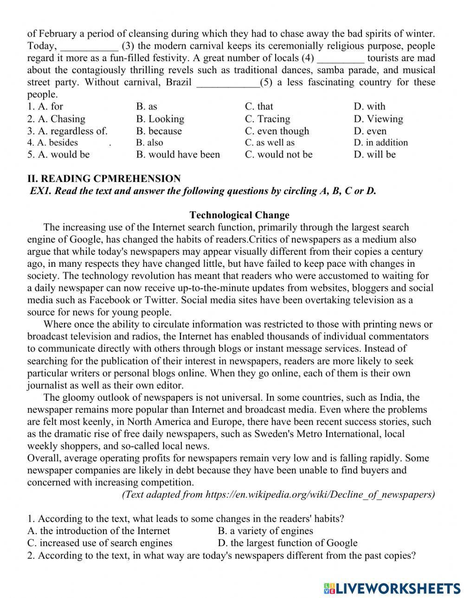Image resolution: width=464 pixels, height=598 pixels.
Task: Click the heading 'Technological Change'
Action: (239, 215)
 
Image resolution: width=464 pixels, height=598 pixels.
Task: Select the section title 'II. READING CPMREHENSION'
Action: (104, 179)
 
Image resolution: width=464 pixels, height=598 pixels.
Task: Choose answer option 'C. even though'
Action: (277, 131)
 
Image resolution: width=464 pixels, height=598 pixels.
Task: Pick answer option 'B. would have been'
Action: (178, 154)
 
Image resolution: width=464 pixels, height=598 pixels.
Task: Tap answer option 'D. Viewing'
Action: (378, 119)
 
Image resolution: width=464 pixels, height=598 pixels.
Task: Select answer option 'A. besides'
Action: (52, 143)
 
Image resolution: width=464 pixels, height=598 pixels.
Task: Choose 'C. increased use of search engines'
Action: (100, 543)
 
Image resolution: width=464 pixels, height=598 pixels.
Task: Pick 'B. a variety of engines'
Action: (265, 531)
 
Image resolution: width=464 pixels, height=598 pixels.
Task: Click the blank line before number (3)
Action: (89, 46)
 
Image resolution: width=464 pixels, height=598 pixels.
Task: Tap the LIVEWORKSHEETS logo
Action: (392, 588)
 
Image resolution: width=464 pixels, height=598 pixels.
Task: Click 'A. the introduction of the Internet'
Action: (98, 531)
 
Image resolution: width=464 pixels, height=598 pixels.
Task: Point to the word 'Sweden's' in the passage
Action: (255, 434)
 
